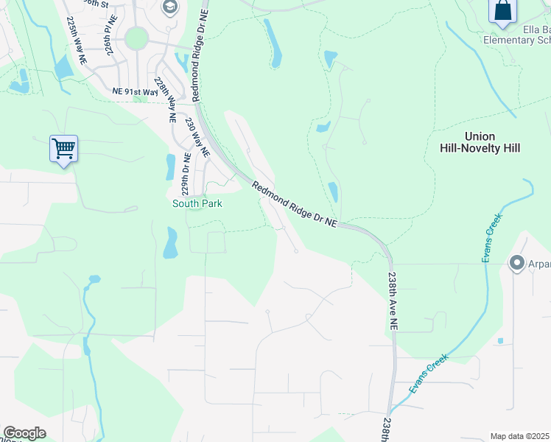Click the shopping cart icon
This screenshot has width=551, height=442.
click(63, 149)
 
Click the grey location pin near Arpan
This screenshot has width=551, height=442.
click(516, 263)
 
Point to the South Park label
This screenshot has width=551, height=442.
click(197, 203)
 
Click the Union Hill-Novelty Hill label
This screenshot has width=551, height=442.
click(492, 142)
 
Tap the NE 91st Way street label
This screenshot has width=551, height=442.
click(136, 92)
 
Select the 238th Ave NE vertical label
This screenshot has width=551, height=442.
click(393, 301)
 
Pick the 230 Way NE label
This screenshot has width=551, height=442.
click(197, 137)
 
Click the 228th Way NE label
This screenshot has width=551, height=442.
click(165, 97)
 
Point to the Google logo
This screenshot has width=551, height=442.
click(24, 433)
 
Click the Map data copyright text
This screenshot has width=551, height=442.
click(520, 436)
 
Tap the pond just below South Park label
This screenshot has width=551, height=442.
click(170, 242)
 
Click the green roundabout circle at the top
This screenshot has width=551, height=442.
click(136, 38)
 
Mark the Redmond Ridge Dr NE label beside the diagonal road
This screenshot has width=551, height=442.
click(295, 204)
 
